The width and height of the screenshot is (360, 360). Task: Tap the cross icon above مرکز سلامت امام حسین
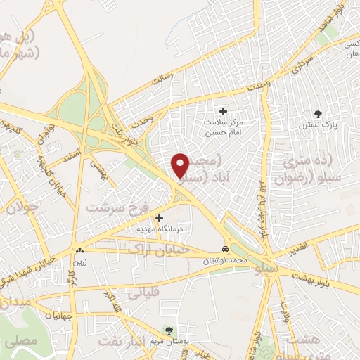[224, 111]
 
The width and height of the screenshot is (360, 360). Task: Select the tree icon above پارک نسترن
[319, 113]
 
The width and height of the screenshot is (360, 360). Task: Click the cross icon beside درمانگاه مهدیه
[160, 219]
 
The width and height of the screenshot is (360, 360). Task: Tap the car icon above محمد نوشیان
[224, 250]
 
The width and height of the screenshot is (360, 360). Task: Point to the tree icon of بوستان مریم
[168, 329]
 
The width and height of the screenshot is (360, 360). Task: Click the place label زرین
[79, 262]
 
